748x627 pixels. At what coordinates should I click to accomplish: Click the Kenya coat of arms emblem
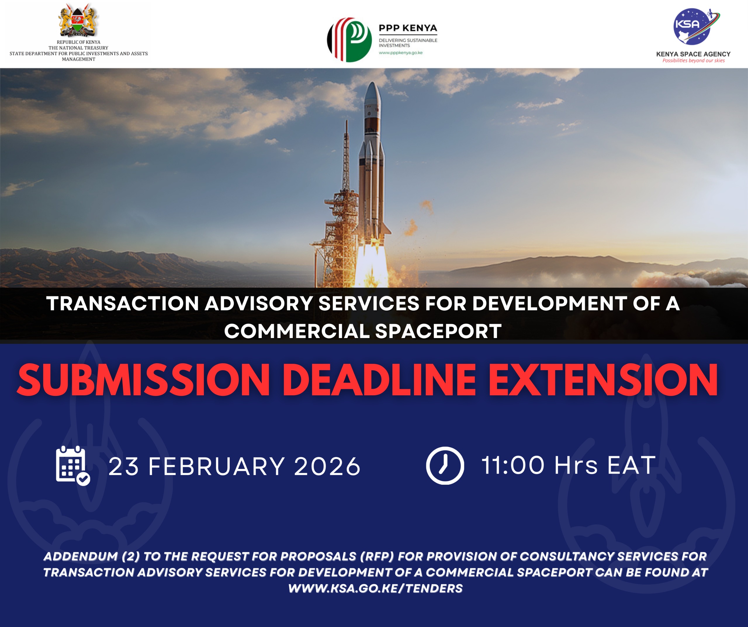78,20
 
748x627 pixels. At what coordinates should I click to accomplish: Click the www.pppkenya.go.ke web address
401,53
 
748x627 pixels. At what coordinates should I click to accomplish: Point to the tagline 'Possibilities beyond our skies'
693,60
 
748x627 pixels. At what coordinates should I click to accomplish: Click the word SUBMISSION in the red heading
143,380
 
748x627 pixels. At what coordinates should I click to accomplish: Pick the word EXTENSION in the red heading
603,380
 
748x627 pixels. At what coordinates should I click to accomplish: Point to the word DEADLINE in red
379,380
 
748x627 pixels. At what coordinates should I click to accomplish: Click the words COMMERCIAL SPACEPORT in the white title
363,331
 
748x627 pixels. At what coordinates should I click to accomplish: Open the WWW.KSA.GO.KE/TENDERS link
375,588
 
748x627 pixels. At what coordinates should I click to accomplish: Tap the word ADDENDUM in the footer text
81,556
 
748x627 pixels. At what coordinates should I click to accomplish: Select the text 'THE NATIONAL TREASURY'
78,48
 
